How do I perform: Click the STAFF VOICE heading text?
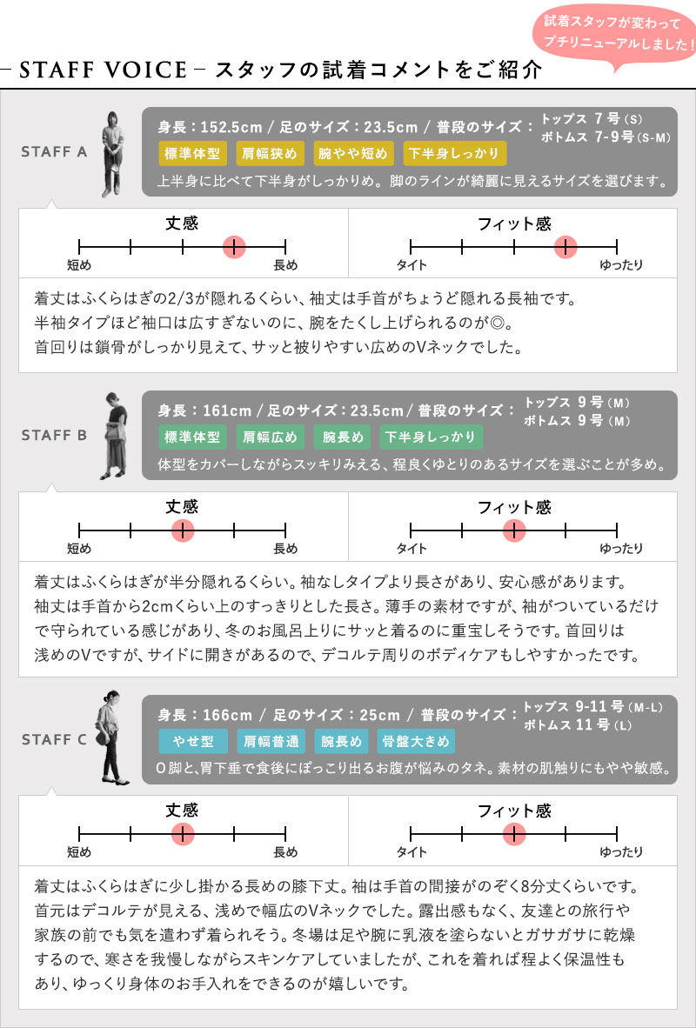coord(103,70)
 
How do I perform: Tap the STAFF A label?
coord(54,152)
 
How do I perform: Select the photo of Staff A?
coord(112,154)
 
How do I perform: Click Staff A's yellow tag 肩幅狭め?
coord(270,153)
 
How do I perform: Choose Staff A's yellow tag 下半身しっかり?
coord(455,153)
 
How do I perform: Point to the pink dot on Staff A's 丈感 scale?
coord(234,247)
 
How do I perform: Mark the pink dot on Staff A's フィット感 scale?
coord(565,247)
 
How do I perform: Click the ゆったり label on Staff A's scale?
coord(621,265)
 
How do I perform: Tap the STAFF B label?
coord(54,436)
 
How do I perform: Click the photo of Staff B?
coord(113,436)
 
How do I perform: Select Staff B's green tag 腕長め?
coord(342,437)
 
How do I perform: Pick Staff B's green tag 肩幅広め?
coord(270,437)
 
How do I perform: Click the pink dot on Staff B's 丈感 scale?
coord(183,531)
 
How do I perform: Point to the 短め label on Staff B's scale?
coord(79,549)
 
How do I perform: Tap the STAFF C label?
coord(54,739)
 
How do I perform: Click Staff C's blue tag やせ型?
coord(193,742)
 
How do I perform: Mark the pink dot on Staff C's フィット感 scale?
coord(514,835)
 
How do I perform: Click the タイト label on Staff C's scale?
coord(412,853)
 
